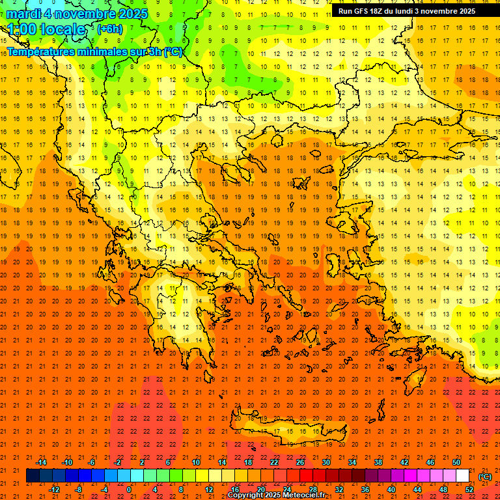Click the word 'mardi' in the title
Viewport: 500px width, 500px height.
pos(25,14)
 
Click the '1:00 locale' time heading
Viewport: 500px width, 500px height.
pos(47,29)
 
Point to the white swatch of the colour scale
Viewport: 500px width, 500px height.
pos(463,476)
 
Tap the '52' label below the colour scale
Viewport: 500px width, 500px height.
pos(469,490)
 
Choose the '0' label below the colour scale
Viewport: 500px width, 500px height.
pos(129,490)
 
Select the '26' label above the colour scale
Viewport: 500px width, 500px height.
pos(300,462)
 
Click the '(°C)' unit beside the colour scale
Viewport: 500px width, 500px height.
pos(484,476)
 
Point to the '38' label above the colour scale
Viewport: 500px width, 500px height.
pos(378,462)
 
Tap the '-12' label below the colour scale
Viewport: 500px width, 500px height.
pos(54,490)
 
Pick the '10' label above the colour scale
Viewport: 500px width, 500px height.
pos(196,462)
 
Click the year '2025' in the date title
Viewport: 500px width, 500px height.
pos(130,14)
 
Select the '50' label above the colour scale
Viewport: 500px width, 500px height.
pos(456,462)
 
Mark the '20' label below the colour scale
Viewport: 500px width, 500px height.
pos(261,490)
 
